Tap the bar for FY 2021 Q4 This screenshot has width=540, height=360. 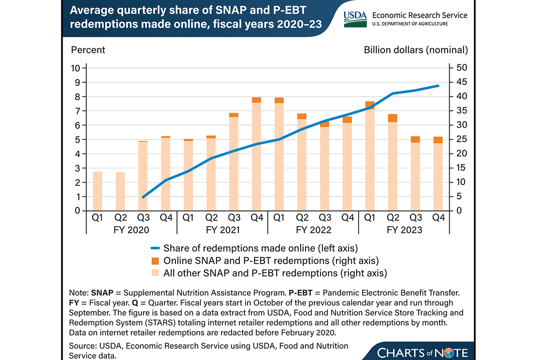(256, 155)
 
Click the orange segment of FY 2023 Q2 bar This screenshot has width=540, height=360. (392, 118)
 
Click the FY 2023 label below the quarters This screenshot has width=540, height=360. (404, 230)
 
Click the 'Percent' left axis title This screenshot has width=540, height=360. (88, 49)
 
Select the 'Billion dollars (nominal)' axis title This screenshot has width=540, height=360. (416, 49)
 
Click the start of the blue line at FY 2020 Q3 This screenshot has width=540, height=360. (143, 197)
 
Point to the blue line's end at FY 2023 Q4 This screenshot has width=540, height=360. (438, 85)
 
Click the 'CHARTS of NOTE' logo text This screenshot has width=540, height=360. (423, 352)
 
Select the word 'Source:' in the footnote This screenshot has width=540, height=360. (83, 346)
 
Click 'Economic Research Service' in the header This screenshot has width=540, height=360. (418, 15)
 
